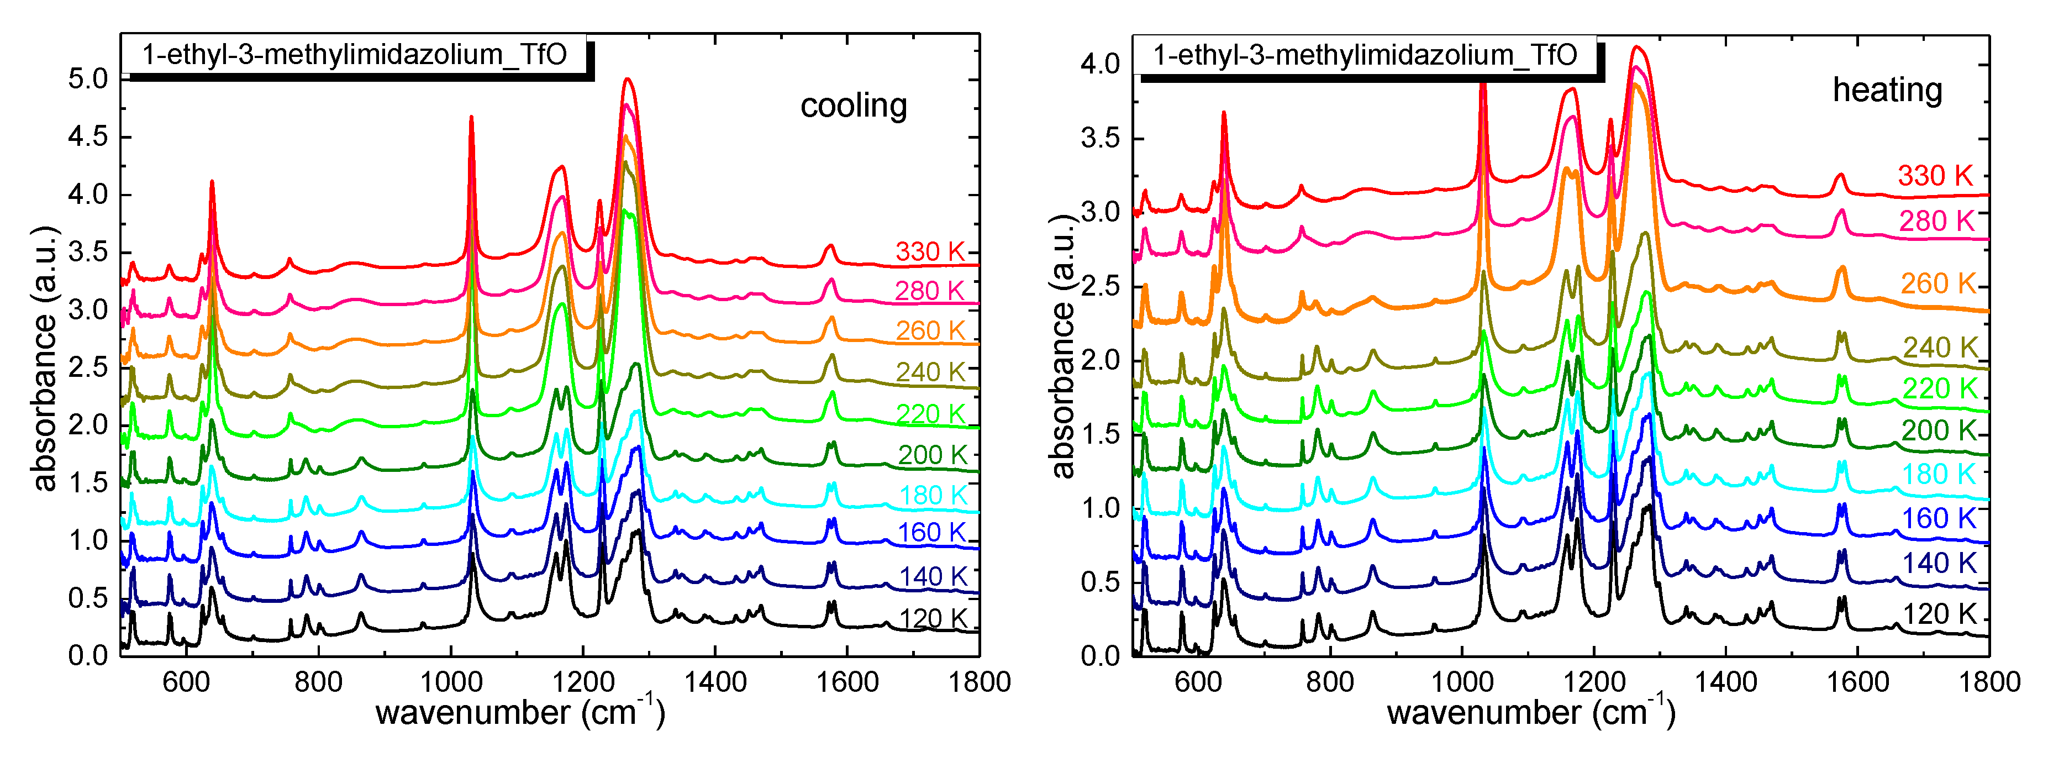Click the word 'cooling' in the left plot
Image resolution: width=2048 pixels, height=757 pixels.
tap(853, 106)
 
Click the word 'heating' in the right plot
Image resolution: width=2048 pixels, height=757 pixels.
tap(1887, 90)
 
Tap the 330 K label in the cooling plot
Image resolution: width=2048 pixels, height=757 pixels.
tap(929, 251)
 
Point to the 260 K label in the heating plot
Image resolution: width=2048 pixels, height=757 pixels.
tap(1938, 283)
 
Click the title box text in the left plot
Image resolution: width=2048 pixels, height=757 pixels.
tap(355, 55)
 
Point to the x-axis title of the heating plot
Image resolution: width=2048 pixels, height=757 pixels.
tap(1530, 712)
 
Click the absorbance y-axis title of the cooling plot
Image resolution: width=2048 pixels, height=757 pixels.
tap(45, 358)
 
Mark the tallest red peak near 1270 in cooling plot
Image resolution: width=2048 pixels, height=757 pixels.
tap(627, 80)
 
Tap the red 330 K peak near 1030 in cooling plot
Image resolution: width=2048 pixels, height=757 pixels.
tap(471, 118)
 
